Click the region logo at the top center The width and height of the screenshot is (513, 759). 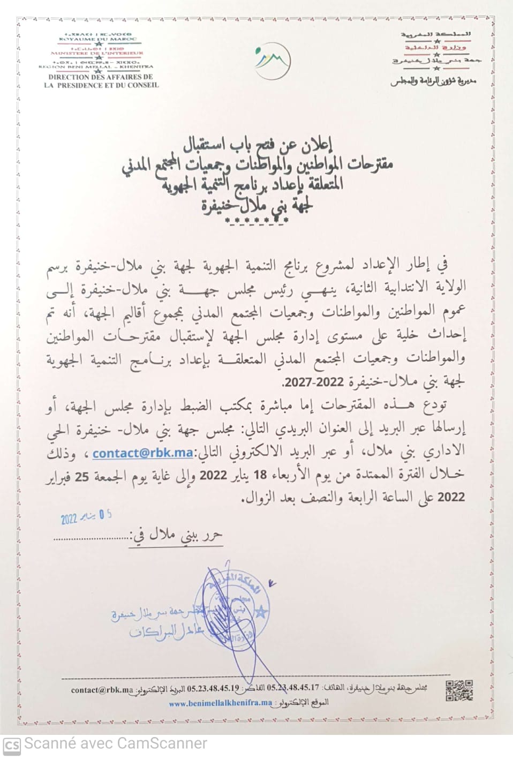[273, 59]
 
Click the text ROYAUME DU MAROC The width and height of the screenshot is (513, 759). [97, 39]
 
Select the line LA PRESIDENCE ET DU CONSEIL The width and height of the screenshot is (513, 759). [101, 85]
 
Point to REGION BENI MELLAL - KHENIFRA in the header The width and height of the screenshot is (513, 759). [96, 67]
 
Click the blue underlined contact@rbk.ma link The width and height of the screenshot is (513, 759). [142, 453]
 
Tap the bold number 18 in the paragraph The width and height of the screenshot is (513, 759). [260, 474]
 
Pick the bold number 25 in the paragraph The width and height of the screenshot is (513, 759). [81, 476]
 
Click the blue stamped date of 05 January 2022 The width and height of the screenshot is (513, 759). [86, 517]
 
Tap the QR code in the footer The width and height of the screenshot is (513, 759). [459, 690]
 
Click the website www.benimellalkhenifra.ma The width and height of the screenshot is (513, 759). [221, 703]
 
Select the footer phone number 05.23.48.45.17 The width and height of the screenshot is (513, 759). [293, 687]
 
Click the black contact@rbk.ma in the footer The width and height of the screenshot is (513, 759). [102, 690]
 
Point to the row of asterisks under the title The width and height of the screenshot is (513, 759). [255, 221]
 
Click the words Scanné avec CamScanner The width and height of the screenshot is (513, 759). [116, 743]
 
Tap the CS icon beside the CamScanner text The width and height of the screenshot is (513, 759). [11, 745]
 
